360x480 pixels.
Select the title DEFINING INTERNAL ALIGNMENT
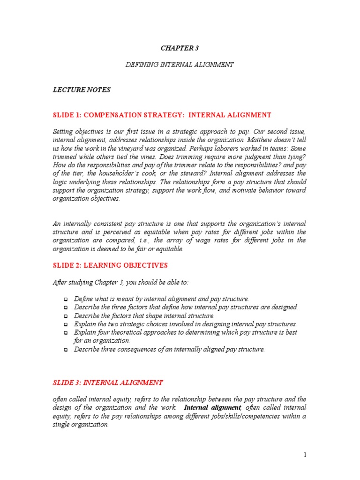pyautogui.click(x=180, y=65)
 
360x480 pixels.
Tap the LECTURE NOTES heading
pyautogui.click(x=82, y=90)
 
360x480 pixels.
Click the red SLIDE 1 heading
pyautogui.click(x=162, y=115)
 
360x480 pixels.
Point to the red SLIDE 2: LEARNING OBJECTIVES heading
pyautogui.click(x=110, y=265)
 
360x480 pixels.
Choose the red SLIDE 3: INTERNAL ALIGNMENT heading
pyautogui.click(x=108, y=383)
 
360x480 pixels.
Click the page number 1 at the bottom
pyautogui.click(x=304, y=454)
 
